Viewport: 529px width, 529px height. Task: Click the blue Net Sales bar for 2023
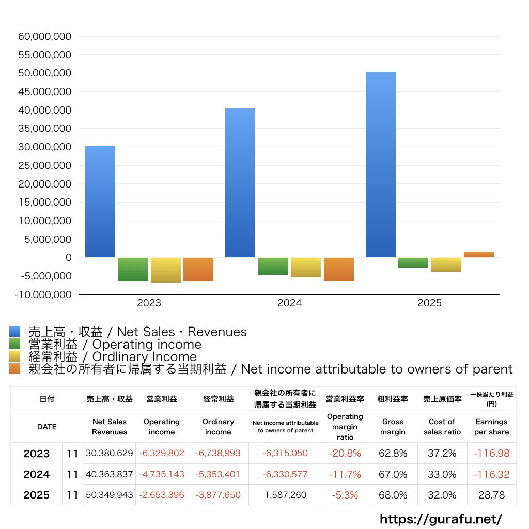(100, 201)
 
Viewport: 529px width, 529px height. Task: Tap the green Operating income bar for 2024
(273, 266)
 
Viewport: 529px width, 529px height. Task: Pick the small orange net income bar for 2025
(479, 254)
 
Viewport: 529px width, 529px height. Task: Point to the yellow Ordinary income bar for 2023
(166, 270)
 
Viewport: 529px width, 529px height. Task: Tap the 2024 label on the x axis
(289, 303)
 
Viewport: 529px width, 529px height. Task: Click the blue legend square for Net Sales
(14, 332)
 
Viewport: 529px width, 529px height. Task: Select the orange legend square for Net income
(14, 369)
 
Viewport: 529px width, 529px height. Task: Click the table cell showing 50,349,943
(110, 495)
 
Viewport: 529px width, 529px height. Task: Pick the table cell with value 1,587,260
(285, 495)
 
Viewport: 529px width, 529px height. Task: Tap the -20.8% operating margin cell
(345, 454)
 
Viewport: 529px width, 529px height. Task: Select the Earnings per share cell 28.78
(491, 495)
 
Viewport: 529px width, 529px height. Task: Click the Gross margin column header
(393, 427)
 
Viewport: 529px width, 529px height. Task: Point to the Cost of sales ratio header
(442, 427)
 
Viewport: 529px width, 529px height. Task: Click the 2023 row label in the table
(36, 454)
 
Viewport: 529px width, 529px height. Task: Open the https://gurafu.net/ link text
(441, 519)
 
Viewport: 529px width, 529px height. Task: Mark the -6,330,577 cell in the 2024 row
(285, 474)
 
